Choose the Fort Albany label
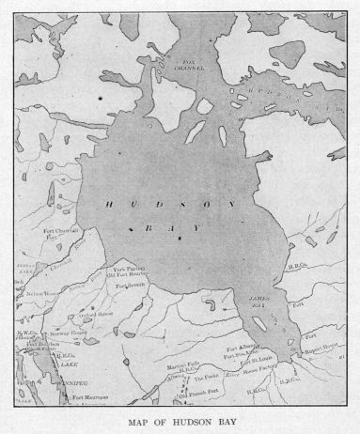click(x=241, y=349)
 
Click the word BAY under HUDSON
click(x=164, y=227)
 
